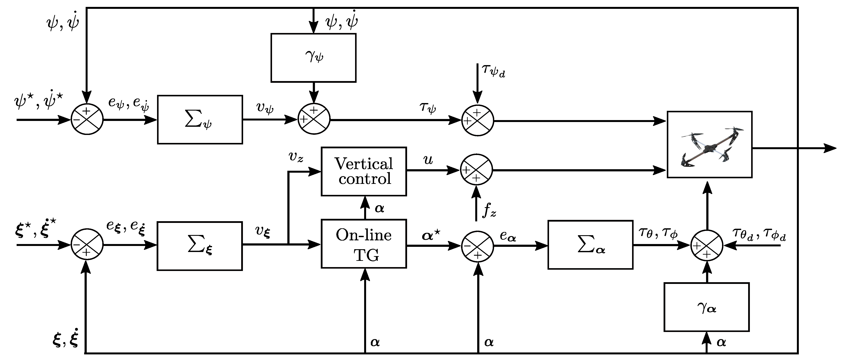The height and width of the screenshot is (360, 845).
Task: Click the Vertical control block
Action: pos(363,171)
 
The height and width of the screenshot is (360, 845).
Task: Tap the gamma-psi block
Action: pos(313,58)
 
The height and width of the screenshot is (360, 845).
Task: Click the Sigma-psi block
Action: pos(200,120)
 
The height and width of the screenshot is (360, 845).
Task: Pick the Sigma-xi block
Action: pos(200,246)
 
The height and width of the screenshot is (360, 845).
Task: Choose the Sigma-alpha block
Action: pos(590,245)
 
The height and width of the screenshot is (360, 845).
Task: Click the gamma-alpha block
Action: pos(706,307)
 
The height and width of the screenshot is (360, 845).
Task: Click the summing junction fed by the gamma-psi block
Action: pos(314,119)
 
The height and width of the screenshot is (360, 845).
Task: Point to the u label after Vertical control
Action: pos(428,160)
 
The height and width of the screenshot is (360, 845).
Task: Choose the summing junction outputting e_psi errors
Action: pos(87,119)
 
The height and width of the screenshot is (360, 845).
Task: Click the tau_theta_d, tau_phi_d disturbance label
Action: pos(758,235)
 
